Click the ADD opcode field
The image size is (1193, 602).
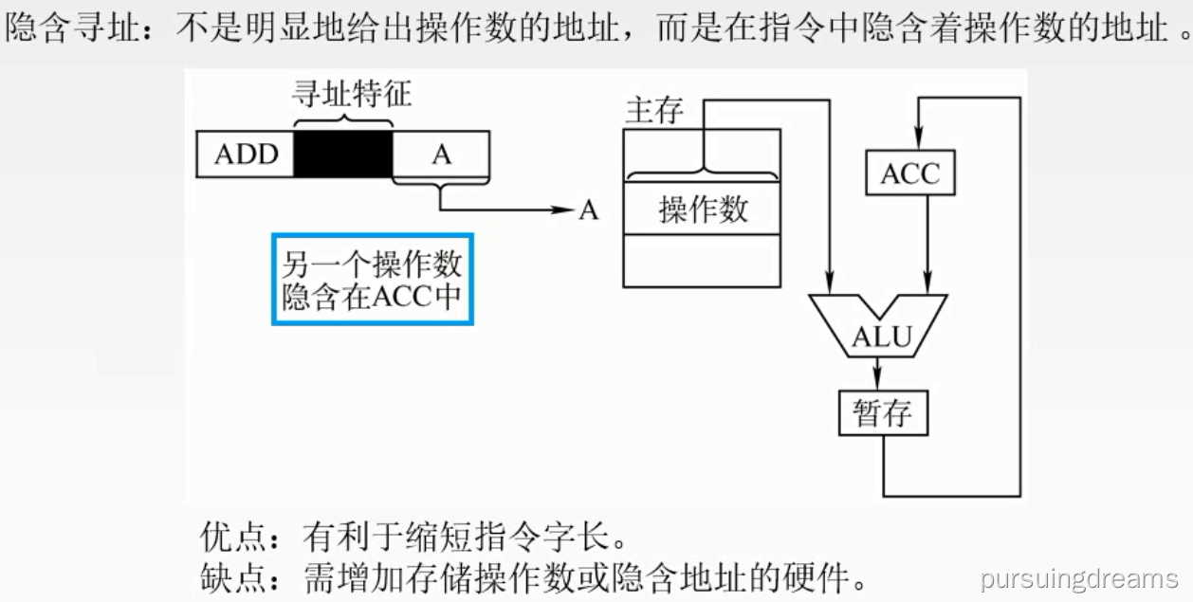[245, 154]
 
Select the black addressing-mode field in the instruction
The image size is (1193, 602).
[342, 154]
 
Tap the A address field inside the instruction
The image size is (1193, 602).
[441, 154]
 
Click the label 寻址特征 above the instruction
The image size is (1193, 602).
[351, 96]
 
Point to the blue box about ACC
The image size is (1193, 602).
[372, 279]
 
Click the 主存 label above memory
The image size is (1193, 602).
[654, 111]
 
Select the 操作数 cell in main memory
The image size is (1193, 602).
[702, 209]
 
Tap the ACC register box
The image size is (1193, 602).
[909, 173]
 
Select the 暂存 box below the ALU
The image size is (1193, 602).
[882, 413]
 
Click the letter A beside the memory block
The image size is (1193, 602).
[589, 210]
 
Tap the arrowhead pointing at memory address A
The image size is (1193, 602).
[567, 209]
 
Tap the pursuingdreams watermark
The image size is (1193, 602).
[1079, 578]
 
